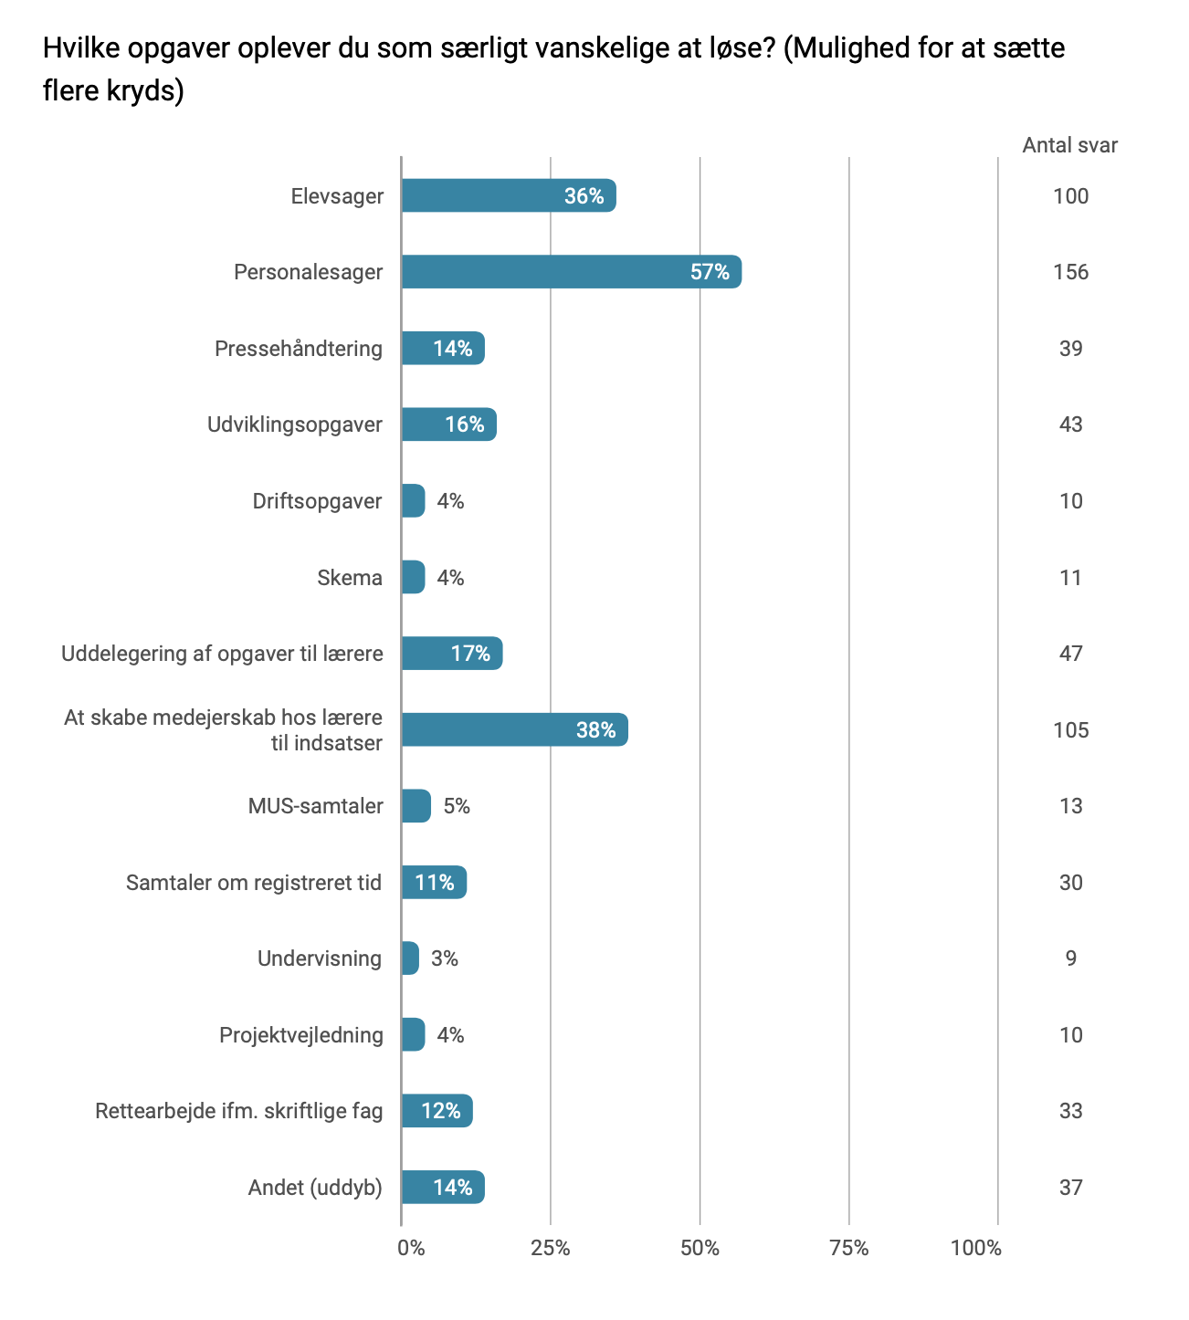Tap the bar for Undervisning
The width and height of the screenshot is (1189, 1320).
tap(410, 959)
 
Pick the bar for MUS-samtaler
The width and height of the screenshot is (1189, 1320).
tap(416, 806)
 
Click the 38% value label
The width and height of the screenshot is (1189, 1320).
tap(595, 730)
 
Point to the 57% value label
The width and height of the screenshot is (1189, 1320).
tap(710, 272)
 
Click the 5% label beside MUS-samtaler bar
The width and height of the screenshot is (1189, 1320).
tap(457, 806)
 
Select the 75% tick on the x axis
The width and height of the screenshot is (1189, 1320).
tap(849, 1248)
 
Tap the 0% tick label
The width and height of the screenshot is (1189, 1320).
tap(411, 1248)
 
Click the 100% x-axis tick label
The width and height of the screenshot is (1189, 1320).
tap(975, 1248)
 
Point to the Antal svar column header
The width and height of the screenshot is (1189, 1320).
tap(1069, 145)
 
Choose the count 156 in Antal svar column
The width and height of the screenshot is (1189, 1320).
tap(1070, 272)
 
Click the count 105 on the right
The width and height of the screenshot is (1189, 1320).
tap(1070, 730)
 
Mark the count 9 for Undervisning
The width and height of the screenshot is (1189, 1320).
tap(1070, 959)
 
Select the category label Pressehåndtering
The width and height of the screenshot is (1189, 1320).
tap(299, 349)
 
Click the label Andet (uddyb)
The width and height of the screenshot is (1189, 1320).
tap(315, 1188)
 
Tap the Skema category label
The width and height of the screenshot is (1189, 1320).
tap(350, 578)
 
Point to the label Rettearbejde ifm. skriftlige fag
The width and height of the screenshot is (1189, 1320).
tap(239, 1111)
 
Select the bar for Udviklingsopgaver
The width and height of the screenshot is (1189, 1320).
tap(448, 424)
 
